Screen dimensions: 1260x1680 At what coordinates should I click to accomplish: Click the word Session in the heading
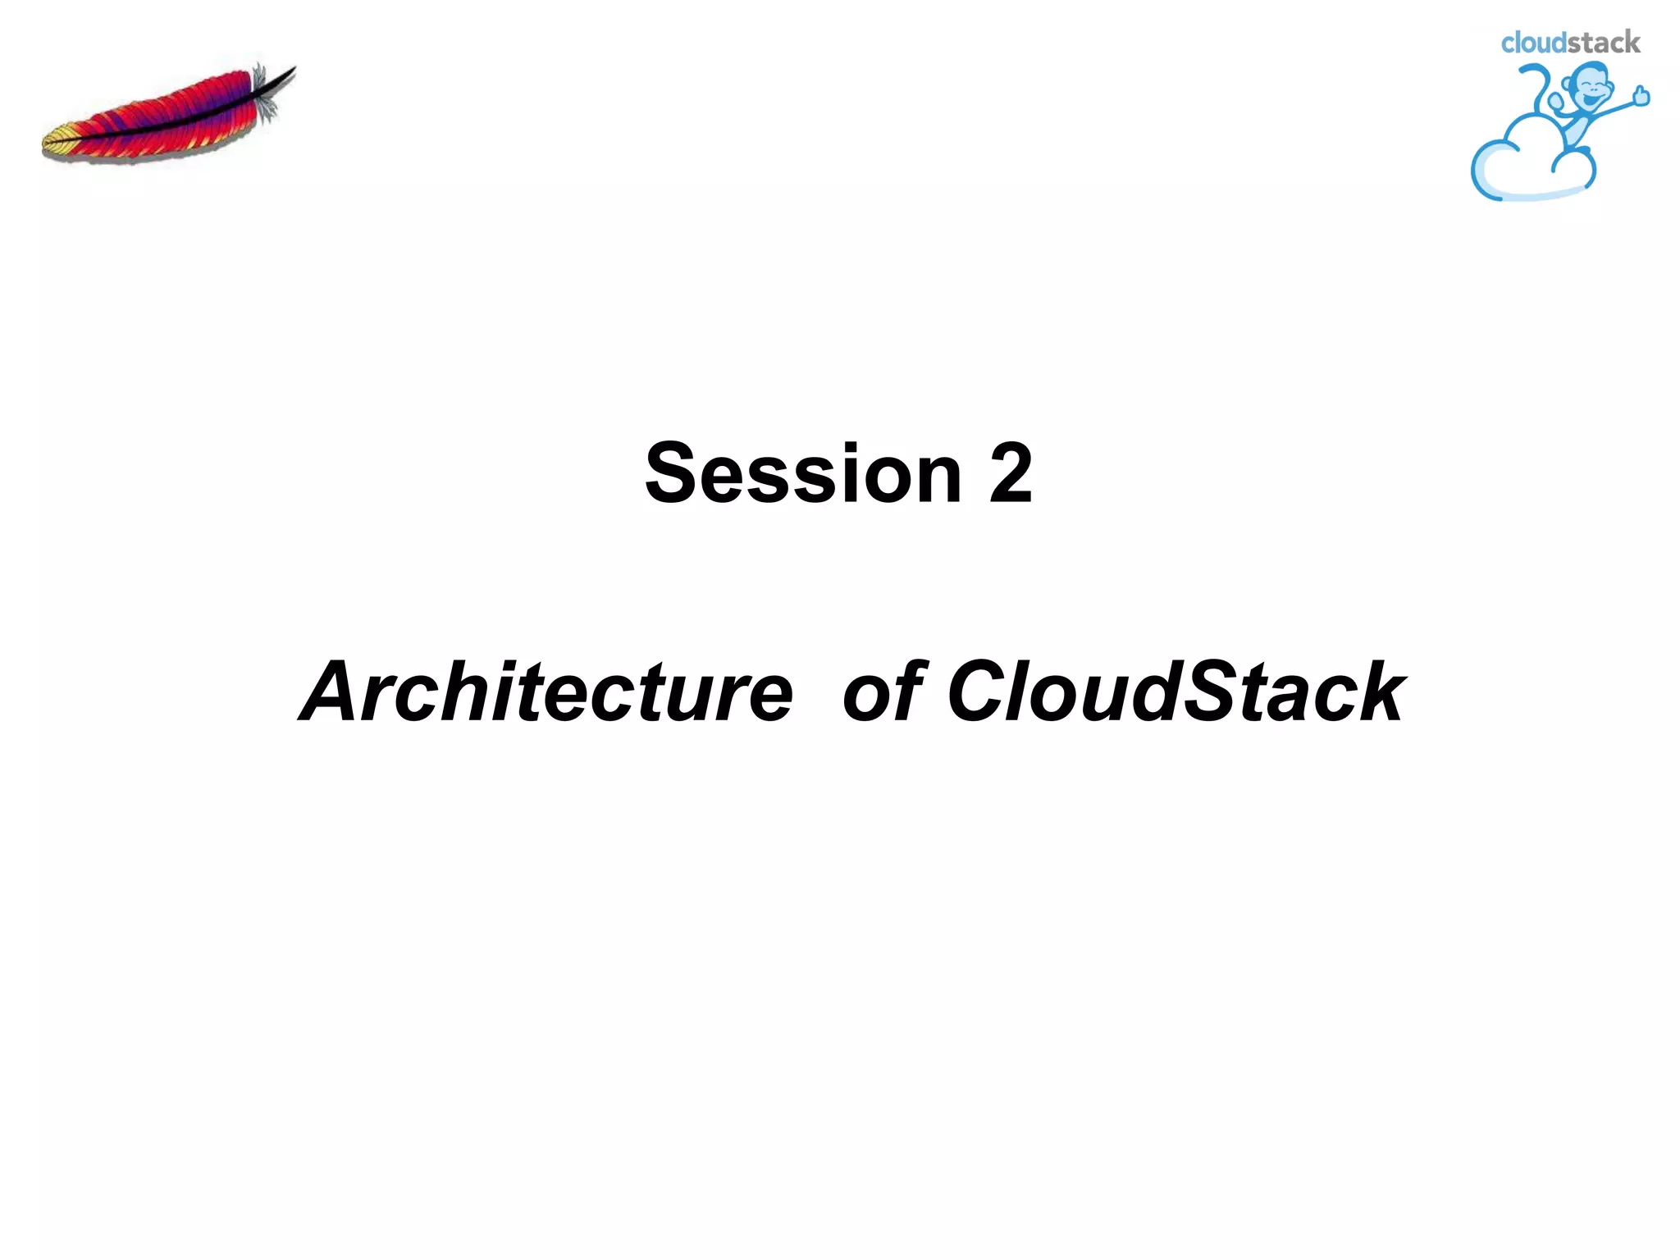click(x=802, y=474)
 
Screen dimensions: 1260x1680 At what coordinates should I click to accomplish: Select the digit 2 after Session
click(x=1010, y=474)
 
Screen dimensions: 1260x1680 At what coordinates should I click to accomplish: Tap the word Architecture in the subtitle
click(x=546, y=693)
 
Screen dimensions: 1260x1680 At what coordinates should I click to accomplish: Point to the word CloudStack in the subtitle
click(x=1176, y=693)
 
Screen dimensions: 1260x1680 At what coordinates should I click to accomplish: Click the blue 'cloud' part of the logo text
click(x=1533, y=43)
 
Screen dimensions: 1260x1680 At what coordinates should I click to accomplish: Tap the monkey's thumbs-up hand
click(x=1641, y=97)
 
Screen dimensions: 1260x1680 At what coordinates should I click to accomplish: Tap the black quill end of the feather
click(x=283, y=76)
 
